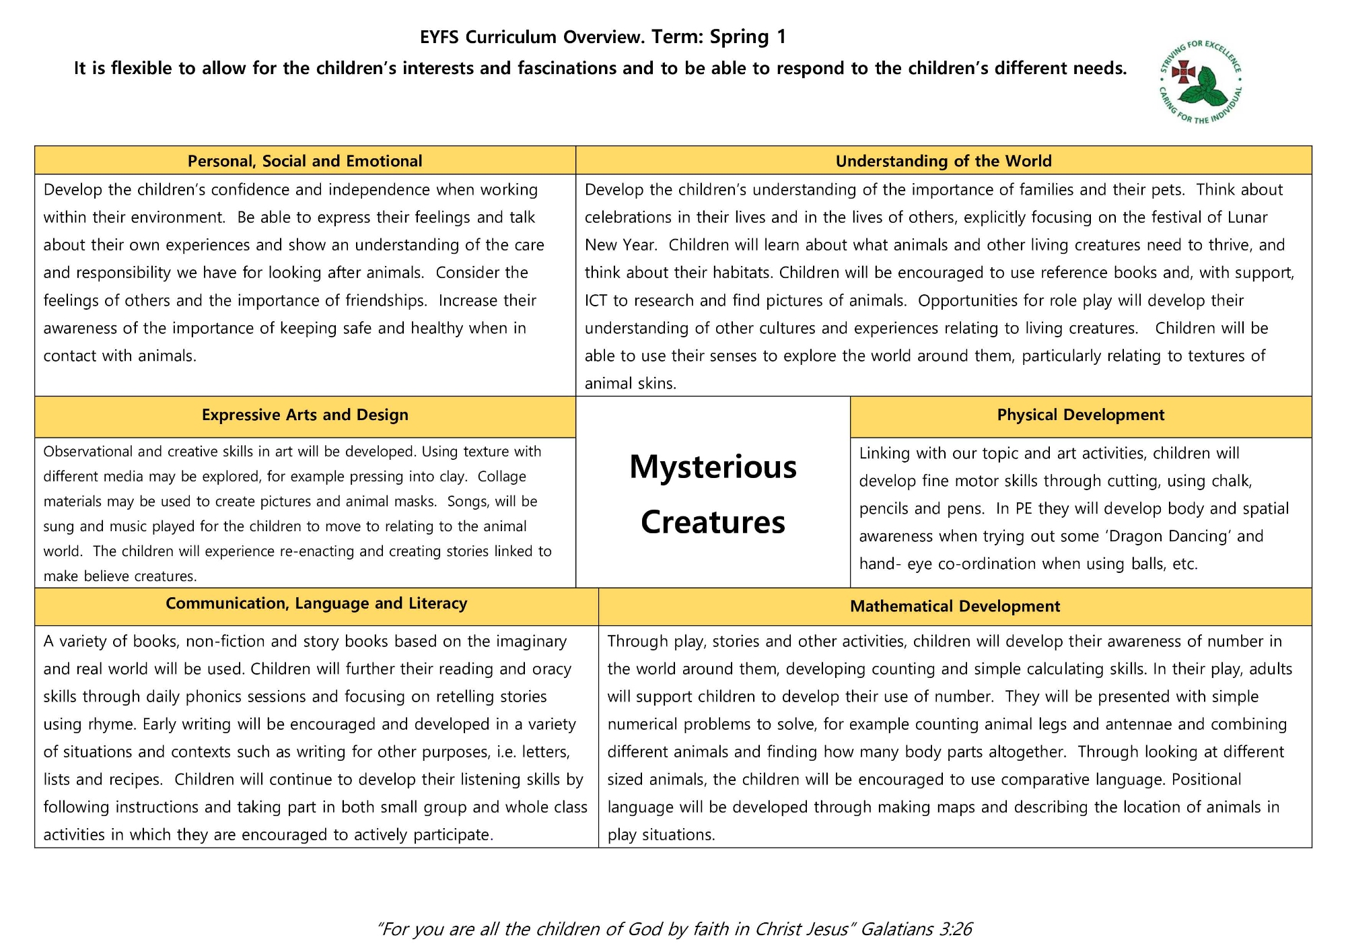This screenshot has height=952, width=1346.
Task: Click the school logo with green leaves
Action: (1201, 82)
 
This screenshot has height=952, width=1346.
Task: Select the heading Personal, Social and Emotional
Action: (305, 161)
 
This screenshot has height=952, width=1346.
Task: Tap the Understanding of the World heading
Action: (943, 161)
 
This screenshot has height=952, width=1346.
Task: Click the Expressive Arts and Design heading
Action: (305, 415)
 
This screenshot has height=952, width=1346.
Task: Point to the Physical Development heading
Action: (1080, 415)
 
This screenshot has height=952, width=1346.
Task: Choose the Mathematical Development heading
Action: (954, 606)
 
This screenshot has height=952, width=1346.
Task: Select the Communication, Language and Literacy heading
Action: (316, 603)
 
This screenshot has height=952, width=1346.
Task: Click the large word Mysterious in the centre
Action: (713, 467)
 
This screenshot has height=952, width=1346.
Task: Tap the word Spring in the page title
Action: (739, 36)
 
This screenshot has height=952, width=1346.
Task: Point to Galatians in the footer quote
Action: (896, 929)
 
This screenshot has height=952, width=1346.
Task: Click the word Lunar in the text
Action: (1248, 217)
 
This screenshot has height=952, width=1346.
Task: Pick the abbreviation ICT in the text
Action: (596, 300)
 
